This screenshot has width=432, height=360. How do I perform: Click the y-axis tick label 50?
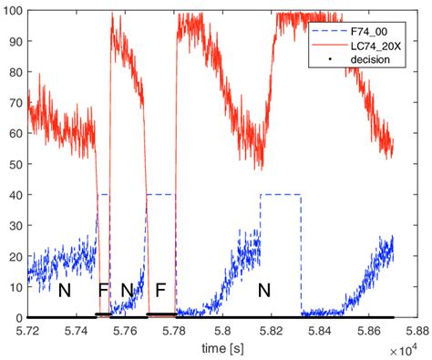pos(15,165)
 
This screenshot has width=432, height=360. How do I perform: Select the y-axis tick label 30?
pos(15,225)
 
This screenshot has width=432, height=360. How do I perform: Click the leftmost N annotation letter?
pos(64,291)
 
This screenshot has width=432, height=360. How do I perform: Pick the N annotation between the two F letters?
pos(128,291)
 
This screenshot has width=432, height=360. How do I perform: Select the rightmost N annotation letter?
pos(264,291)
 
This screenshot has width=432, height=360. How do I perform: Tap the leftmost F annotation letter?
pos(102,291)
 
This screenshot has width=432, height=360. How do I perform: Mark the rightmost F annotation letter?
pos(160,291)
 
